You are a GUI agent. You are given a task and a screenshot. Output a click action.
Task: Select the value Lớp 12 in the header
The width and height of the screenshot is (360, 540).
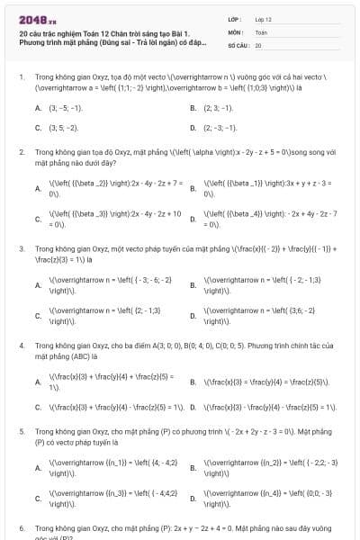pos(263,18)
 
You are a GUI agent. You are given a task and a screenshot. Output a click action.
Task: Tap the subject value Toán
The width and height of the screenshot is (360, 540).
pos(261,31)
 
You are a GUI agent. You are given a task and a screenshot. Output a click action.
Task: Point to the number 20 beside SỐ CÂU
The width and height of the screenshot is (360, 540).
pos(258,44)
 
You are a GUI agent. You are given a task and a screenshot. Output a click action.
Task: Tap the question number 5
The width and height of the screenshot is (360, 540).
pos(21,432)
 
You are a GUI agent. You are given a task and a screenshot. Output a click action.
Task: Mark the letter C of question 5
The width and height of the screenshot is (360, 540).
pos(38,498)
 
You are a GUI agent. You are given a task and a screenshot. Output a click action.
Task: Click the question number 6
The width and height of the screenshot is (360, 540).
pos(21,527)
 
